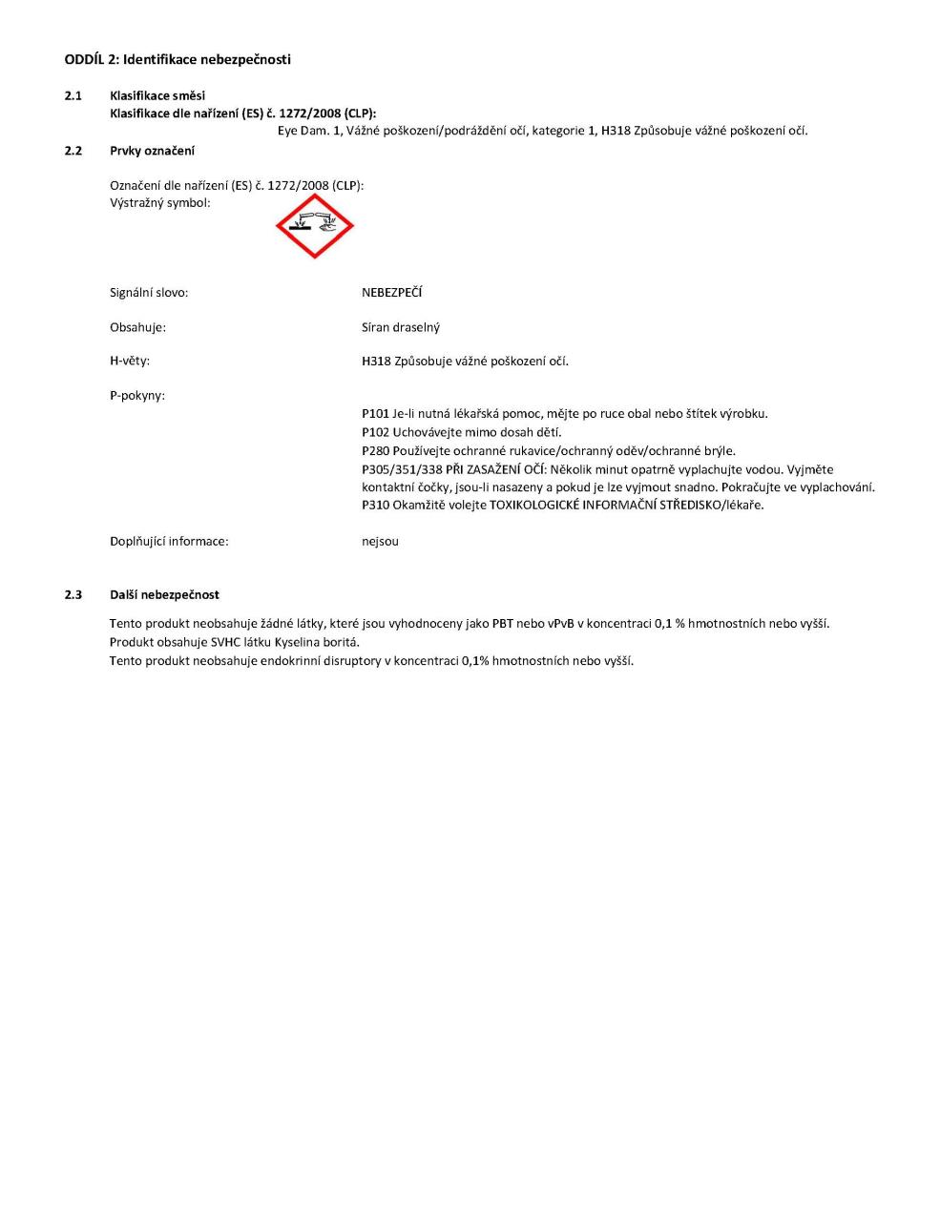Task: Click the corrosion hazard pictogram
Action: pyautogui.click(x=314, y=226)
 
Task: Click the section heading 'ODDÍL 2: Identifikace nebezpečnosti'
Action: pyautogui.click(x=178, y=59)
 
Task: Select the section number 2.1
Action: pyautogui.click(x=73, y=95)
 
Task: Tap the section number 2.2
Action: pyautogui.click(x=73, y=150)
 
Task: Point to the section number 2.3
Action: pyautogui.click(x=73, y=594)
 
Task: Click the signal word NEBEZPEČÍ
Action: pyautogui.click(x=391, y=293)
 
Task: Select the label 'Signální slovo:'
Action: pyautogui.click(x=149, y=293)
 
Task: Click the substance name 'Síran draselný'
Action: pyautogui.click(x=401, y=327)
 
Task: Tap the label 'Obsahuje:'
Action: pyautogui.click(x=137, y=327)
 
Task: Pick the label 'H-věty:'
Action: pyautogui.click(x=130, y=361)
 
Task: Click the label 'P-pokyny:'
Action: pyautogui.click(x=137, y=395)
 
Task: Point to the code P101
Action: pyautogui.click(x=375, y=413)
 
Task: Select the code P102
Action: pyautogui.click(x=375, y=432)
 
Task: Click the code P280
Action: pyautogui.click(x=375, y=450)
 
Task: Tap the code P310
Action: pyautogui.click(x=375, y=505)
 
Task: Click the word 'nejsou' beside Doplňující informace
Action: pyautogui.click(x=380, y=541)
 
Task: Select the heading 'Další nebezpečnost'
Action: pyautogui.click(x=164, y=594)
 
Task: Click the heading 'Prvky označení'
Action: pyautogui.click(x=152, y=150)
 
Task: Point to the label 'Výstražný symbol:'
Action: pyautogui.click(x=160, y=202)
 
